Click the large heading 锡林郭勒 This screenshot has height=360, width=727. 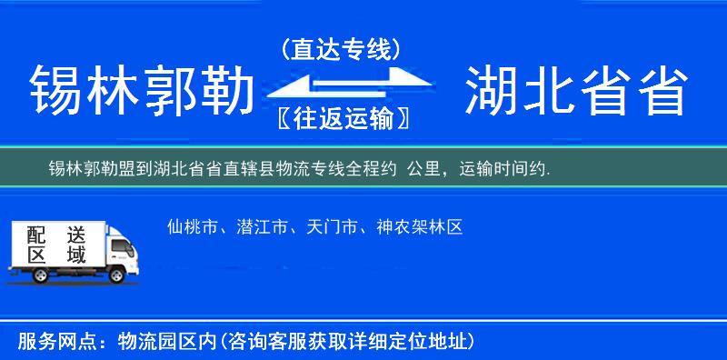click(141, 92)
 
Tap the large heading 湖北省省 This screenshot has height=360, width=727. click(575, 92)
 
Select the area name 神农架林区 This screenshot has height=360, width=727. click(420, 226)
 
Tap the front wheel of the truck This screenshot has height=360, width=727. click(116, 275)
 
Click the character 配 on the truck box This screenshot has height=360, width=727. click(35, 234)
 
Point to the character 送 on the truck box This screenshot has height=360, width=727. click(75, 234)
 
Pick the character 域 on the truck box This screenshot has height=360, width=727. click(75, 255)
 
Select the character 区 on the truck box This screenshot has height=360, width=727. click(35, 255)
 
